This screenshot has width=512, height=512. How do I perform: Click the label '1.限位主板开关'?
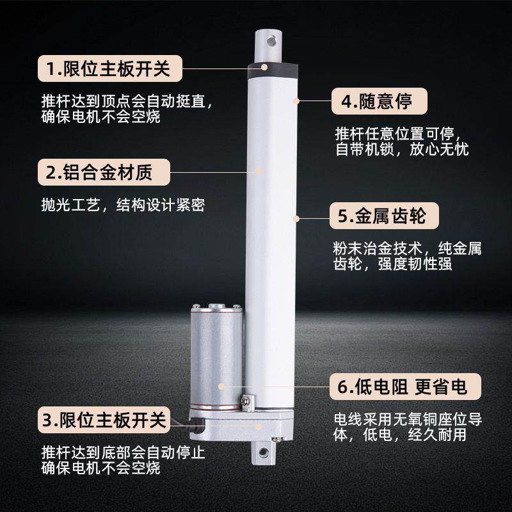[x=108, y=68]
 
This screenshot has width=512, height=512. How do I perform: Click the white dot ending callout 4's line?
[x=296, y=101]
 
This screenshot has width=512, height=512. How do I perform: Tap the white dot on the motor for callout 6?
[x=221, y=387]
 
